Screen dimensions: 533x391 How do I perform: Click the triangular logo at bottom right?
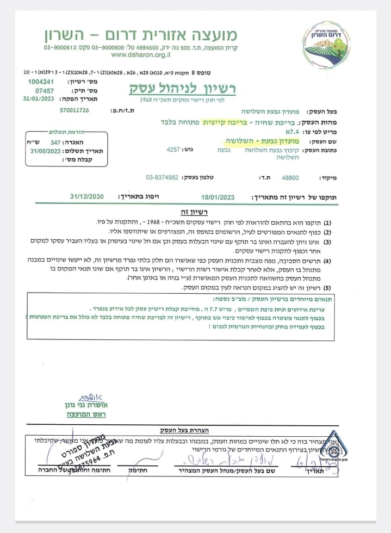click(x=335, y=451)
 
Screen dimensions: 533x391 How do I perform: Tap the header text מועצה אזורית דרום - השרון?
click(x=141, y=34)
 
